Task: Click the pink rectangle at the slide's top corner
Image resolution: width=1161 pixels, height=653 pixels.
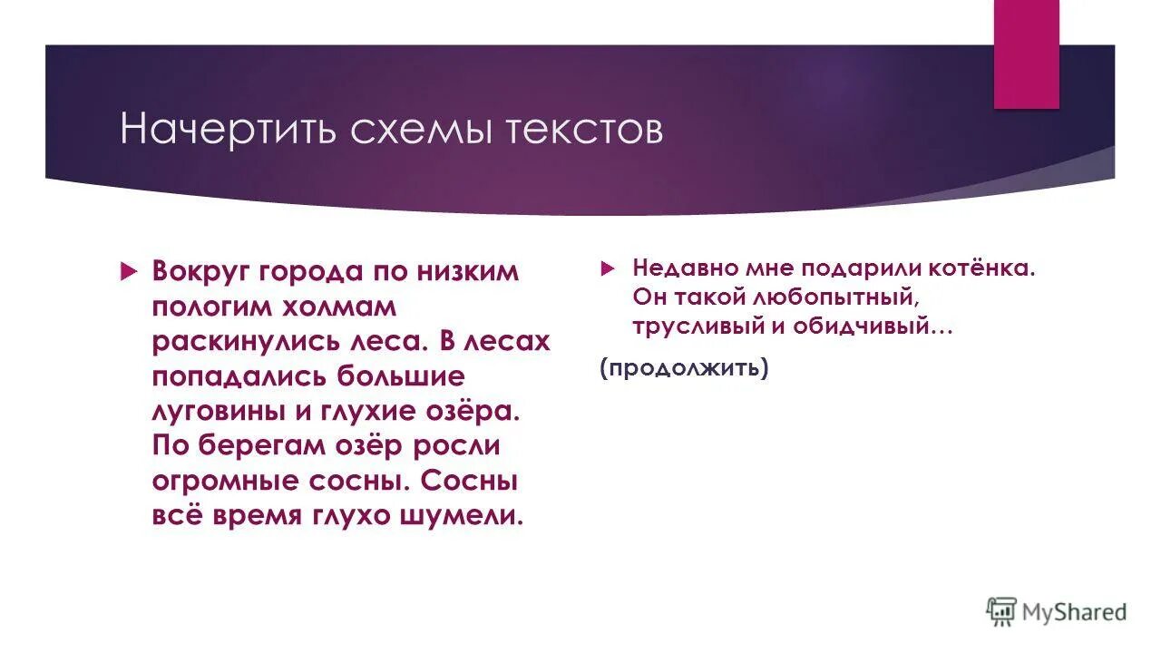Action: (1026, 54)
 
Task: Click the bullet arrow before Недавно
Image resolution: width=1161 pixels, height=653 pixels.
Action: (606, 269)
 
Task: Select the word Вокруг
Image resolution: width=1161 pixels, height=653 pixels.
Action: (200, 271)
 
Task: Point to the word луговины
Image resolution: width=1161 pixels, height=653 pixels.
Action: (218, 411)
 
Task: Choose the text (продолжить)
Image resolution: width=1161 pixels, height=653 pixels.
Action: (684, 368)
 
